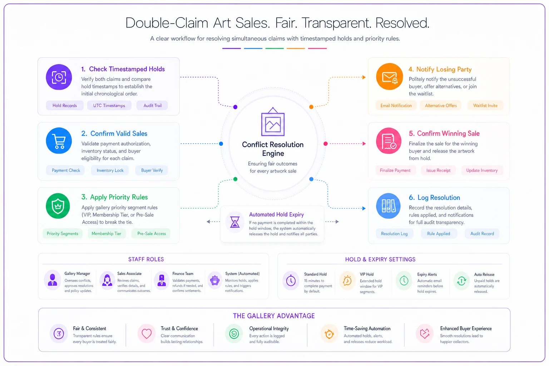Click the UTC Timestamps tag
click(x=109, y=105)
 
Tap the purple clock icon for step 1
click(x=59, y=77)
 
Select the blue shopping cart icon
click(x=59, y=141)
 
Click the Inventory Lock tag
click(x=110, y=170)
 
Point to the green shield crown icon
click(x=58, y=206)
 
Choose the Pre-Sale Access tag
click(x=152, y=234)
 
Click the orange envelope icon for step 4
click(x=390, y=77)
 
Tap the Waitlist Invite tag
click(x=485, y=105)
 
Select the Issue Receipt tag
click(x=438, y=170)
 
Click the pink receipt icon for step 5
click(x=389, y=141)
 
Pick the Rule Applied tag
click(x=439, y=234)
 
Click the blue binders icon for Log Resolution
click(x=389, y=206)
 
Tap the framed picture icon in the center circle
click(x=273, y=122)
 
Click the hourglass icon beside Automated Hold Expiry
click(x=235, y=222)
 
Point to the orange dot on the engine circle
click(x=311, y=107)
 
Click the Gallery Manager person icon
click(x=53, y=280)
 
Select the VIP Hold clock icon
click(x=347, y=281)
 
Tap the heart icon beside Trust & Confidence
click(x=147, y=333)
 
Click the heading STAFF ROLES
click(x=146, y=259)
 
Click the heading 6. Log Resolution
click(x=434, y=198)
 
